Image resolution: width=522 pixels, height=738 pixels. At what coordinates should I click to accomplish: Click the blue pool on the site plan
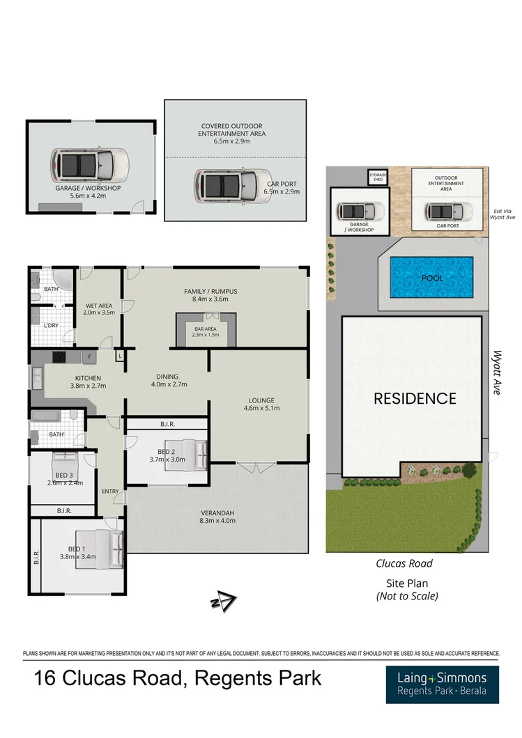(431, 278)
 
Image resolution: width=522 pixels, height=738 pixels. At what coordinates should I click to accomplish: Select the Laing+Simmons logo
(442, 684)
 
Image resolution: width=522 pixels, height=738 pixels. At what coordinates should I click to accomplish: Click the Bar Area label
(206, 331)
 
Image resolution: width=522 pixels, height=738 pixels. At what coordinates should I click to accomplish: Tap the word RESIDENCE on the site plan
(415, 398)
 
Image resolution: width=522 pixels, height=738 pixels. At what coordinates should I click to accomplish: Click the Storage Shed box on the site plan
(377, 178)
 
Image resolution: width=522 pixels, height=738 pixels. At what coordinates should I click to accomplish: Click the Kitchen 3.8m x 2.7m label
(89, 382)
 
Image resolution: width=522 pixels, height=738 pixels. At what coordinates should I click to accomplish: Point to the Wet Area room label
(100, 308)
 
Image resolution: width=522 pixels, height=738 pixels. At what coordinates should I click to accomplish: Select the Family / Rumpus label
(206, 295)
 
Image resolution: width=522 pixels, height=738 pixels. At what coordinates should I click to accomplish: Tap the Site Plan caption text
(406, 583)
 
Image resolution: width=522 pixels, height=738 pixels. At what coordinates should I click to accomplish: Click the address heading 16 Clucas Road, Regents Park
(178, 677)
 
